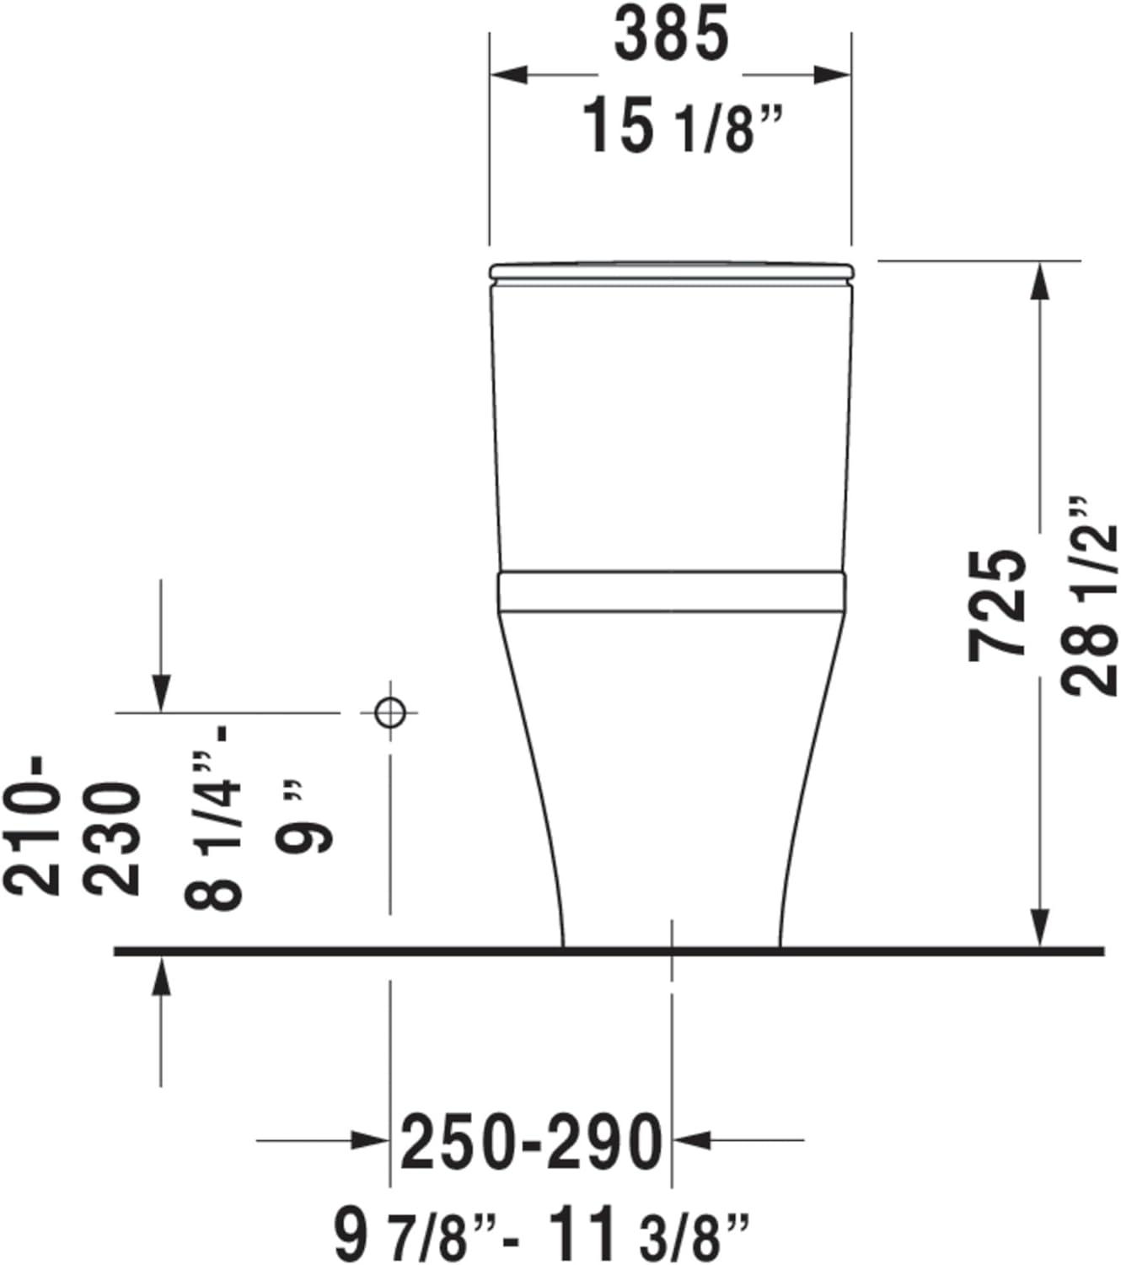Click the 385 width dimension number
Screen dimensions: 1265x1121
click(x=670, y=35)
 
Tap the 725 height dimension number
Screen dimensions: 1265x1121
click(x=1000, y=603)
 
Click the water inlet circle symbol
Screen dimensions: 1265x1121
click(x=389, y=713)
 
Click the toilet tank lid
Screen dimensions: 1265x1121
click(x=672, y=271)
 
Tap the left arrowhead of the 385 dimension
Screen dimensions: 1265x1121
click(x=509, y=75)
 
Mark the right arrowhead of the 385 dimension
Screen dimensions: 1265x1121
click(x=833, y=75)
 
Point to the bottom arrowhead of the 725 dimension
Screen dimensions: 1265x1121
click(x=1043, y=928)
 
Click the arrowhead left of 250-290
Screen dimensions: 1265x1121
click(x=371, y=1141)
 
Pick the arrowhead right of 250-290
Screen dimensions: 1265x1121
click(x=691, y=1141)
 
